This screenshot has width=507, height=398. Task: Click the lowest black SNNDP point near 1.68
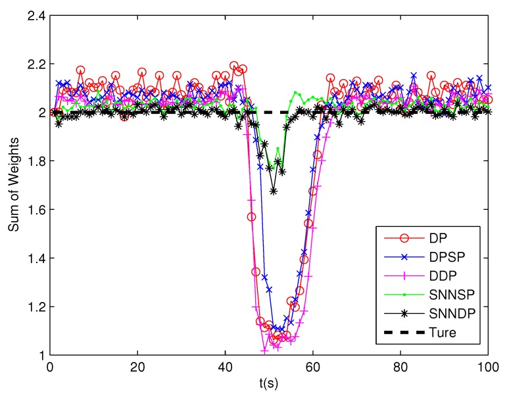click(x=274, y=191)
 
